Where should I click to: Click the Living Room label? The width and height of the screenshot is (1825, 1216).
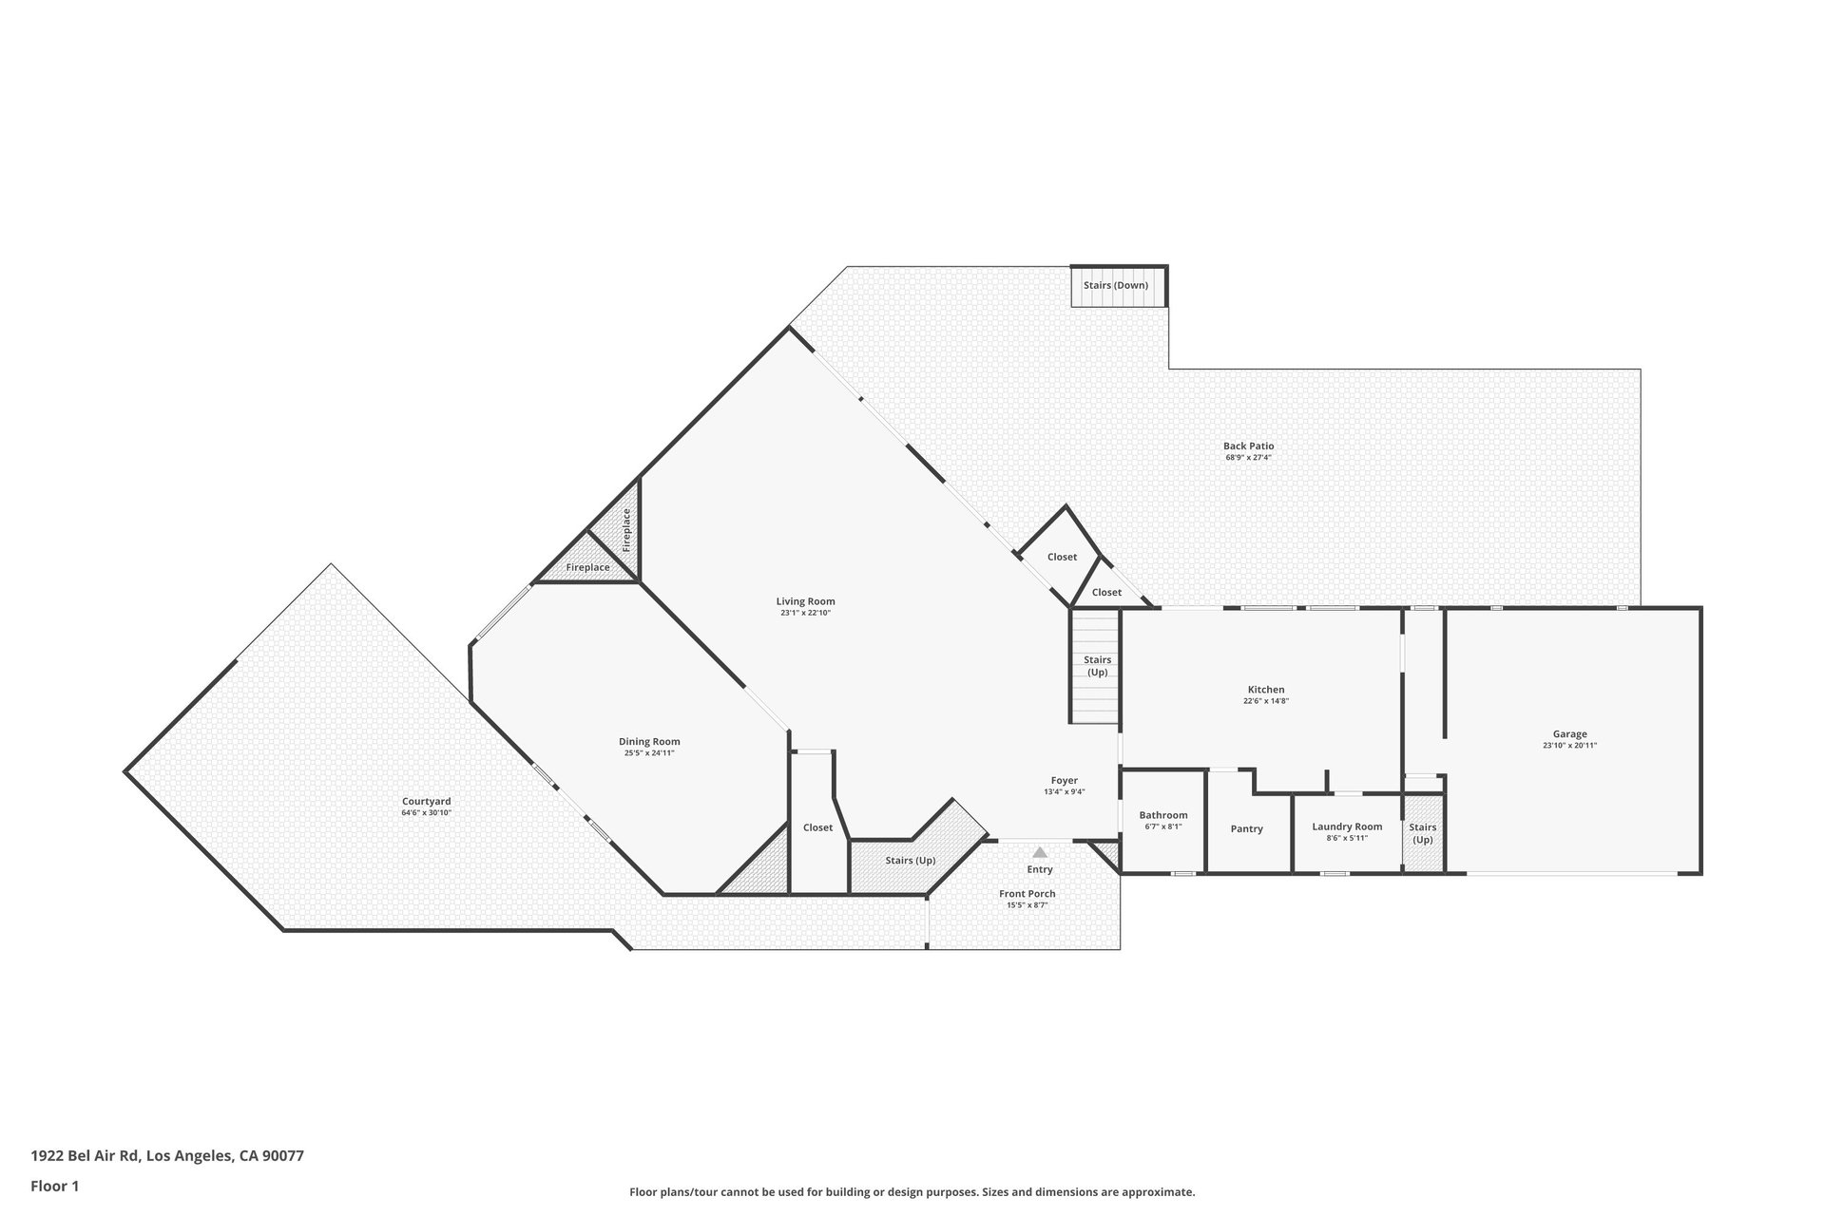pos(805,601)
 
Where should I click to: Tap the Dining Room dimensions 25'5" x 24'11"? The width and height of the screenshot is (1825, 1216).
pos(649,753)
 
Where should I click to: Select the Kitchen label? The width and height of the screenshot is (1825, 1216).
pos(1266,690)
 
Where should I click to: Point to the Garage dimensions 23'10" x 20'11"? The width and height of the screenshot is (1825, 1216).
pos(1569,746)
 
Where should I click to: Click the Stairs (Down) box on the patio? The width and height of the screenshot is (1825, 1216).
pos(1118,286)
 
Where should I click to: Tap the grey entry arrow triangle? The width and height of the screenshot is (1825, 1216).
pos(1040,852)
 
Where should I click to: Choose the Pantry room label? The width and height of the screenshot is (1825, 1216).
pos(1246,829)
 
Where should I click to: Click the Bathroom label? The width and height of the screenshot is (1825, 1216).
pos(1163,815)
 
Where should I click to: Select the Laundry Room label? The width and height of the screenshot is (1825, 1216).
pos(1347,826)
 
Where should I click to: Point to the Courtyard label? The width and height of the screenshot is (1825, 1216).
pos(426,801)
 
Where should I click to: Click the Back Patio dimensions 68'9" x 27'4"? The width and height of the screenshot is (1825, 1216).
pos(1248,458)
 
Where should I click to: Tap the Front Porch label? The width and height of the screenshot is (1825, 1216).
pos(1027,894)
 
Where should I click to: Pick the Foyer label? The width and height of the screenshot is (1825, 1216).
pos(1064,781)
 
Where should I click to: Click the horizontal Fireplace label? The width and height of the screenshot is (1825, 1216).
pos(587,567)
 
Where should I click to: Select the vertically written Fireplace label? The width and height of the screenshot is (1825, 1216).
pos(626,530)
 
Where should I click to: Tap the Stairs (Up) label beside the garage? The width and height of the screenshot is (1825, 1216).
pos(1422,833)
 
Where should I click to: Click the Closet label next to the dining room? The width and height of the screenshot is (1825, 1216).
pos(817,827)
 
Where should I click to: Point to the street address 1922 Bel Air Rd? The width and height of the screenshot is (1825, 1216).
pos(86,1156)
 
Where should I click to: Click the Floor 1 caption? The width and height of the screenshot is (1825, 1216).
pos(55,1186)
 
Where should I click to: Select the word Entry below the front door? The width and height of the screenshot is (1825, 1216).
pos(1040,869)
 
